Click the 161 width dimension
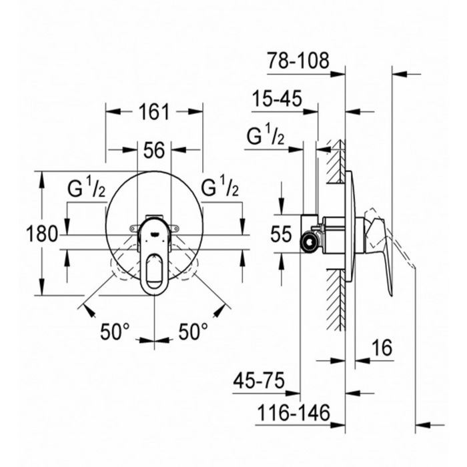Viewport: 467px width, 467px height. pyautogui.click(x=154, y=111)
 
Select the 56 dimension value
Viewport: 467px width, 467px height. pyautogui.click(x=154, y=150)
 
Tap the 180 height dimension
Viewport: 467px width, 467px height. pyautogui.click(x=41, y=234)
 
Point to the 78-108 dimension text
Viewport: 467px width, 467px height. pyautogui.click(x=298, y=61)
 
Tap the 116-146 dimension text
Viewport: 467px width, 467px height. pyautogui.click(x=294, y=413)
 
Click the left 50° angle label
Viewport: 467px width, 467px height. pyautogui.click(x=115, y=331)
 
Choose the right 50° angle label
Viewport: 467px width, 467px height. pyautogui.click(x=193, y=331)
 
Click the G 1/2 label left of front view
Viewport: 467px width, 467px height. pyautogui.click(x=86, y=189)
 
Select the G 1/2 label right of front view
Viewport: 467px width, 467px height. pyautogui.click(x=219, y=189)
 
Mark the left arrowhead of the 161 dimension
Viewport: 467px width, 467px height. pyautogui.click(x=113, y=111)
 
